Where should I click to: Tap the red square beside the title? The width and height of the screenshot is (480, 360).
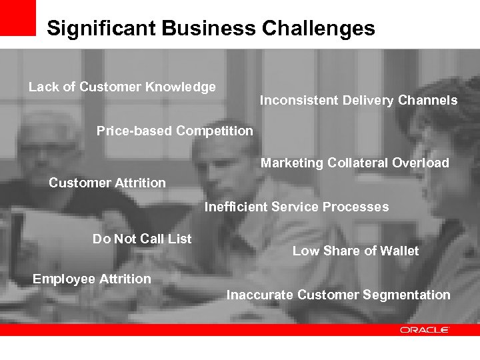click(17, 17)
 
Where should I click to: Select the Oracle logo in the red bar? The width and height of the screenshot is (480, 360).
click(425, 330)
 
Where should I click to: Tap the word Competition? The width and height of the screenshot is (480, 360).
click(215, 131)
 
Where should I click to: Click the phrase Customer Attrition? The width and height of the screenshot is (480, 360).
click(107, 183)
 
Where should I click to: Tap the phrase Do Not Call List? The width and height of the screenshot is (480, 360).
click(142, 239)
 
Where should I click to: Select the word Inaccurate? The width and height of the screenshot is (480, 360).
click(260, 295)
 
